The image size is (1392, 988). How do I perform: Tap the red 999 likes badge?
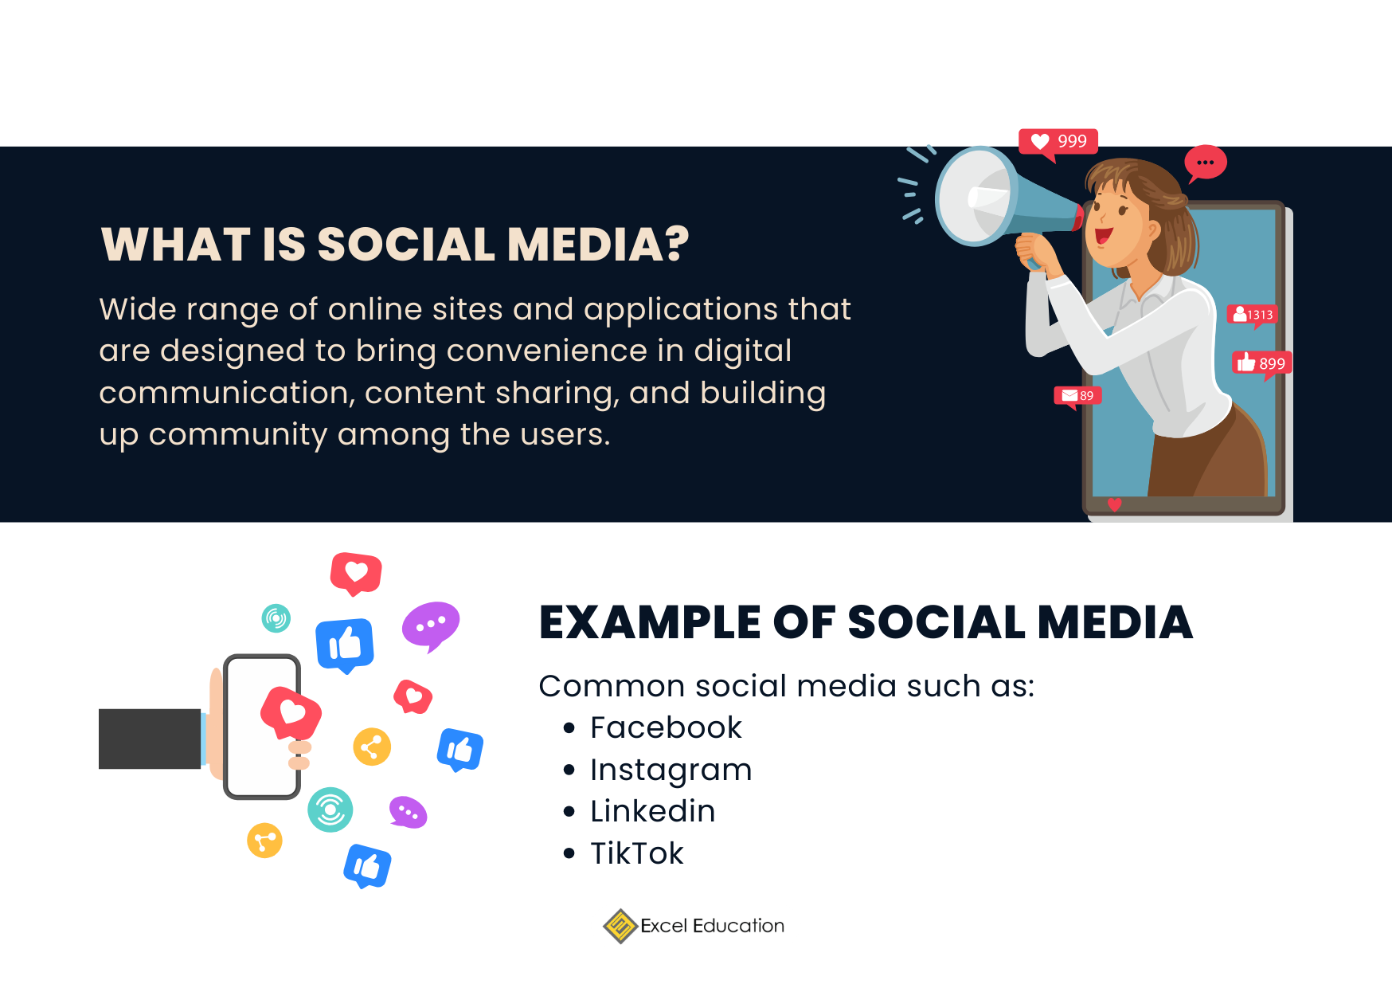pos(1058,143)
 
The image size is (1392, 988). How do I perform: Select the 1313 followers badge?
pos(1253,315)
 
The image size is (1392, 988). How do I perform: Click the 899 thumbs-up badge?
pos(1261,363)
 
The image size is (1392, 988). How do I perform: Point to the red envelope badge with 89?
pos(1077,396)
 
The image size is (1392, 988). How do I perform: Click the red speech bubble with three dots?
pos(1205,163)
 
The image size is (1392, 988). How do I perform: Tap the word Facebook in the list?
pos(666,727)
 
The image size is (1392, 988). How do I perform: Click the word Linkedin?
pos(652,811)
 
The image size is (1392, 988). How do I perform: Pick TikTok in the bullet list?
pos(636,853)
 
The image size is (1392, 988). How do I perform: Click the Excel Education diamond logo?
pos(620,926)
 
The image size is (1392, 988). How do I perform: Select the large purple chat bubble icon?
pos(431,625)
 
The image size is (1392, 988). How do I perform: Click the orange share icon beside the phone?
pos(372,747)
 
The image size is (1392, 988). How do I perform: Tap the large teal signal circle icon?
pos(330,810)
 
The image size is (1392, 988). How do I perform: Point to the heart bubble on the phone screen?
pos(291,712)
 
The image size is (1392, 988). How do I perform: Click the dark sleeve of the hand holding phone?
pos(150,739)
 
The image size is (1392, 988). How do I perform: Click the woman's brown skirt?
pos(1206,454)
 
